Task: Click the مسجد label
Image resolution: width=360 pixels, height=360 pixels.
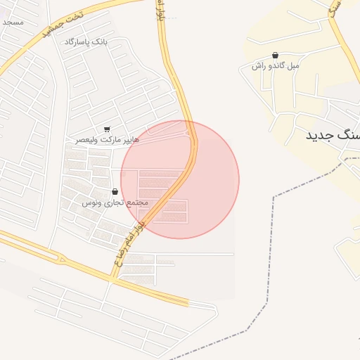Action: pyautogui.click(x=13, y=22)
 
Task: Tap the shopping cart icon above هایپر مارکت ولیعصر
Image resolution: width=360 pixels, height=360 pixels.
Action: pyautogui.click(x=106, y=129)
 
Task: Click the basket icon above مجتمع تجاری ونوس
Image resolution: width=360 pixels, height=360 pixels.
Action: pyautogui.click(x=115, y=191)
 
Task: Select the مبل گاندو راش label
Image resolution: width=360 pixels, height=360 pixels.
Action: pyautogui.click(x=276, y=65)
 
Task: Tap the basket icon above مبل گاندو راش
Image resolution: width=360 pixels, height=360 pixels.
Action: pyautogui.click(x=274, y=54)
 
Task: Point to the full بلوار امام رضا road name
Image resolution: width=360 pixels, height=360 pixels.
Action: pyautogui.click(x=128, y=243)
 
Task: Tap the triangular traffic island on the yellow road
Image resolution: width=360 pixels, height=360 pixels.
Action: pyautogui.click(x=61, y=259)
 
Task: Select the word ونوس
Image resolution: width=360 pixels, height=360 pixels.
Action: pyautogui.click(x=92, y=202)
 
